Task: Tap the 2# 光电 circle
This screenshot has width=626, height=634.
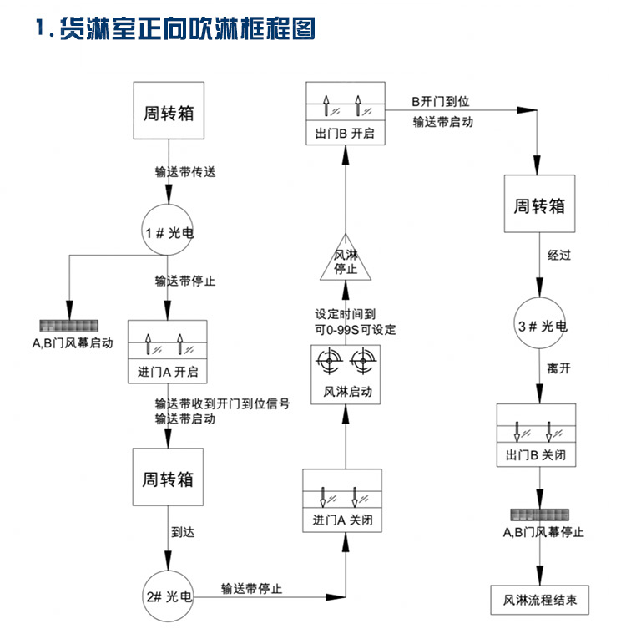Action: click(x=168, y=596)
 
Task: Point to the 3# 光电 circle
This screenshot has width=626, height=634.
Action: click(x=542, y=326)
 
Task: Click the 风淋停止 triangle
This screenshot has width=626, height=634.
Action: click(x=346, y=261)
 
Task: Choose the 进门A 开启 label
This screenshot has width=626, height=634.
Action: click(x=168, y=371)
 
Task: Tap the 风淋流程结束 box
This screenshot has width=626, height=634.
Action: click(x=541, y=600)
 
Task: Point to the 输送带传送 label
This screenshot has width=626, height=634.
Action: click(x=185, y=172)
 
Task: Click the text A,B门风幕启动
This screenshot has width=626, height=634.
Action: click(x=68, y=342)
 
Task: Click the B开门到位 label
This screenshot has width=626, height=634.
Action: click(x=441, y=101)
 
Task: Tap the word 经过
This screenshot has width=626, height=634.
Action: click(x=559, y=256)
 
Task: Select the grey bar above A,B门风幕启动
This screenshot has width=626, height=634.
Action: click(x=68, y=325)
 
